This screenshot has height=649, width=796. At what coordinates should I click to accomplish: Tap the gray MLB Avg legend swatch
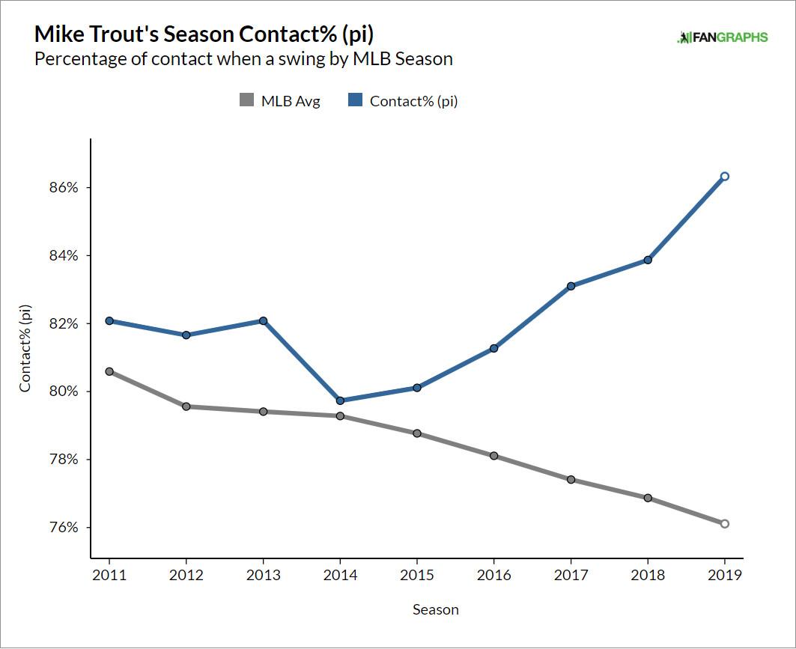click(x=246, y=100)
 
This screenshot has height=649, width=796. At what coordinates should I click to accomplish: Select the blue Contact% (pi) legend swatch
click(x=355, y=100)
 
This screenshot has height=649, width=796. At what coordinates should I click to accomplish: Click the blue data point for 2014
click(x=340, y=400)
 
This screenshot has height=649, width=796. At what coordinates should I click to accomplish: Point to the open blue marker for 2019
click(x=725, y=177)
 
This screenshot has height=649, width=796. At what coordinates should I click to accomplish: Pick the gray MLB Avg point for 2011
click(x=109, y=371)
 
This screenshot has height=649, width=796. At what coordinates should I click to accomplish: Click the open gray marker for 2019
click(x=725, y=524)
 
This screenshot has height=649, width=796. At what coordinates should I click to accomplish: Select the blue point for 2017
click(x=571, y=286)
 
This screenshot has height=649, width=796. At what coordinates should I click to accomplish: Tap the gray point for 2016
click(x=493, y=456)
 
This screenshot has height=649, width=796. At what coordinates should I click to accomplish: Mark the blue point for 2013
click(x=263, y=321)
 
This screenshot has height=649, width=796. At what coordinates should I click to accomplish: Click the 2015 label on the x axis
click(x=417, y=576)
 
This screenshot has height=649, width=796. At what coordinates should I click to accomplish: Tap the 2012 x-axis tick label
click(x=186, y=576)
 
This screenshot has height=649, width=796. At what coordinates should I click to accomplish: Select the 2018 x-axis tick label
click(x=648, y=576)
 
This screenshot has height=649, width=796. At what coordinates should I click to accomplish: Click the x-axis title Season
click(x=435, y=610)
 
